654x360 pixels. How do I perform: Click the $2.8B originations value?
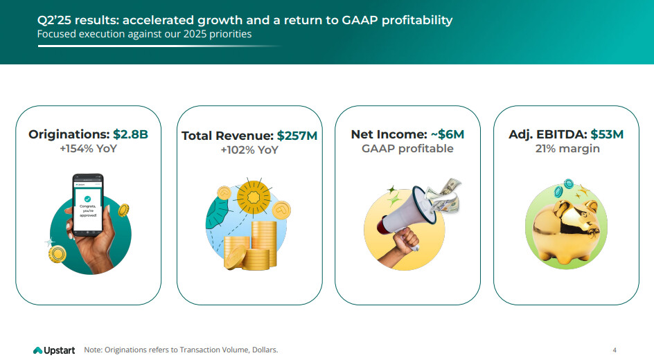[x=131, y=134]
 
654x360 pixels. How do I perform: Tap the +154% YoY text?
[x=89, y=149]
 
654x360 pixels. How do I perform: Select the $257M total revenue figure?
[x=297, y=136]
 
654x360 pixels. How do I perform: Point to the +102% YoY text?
[x=249, y=150]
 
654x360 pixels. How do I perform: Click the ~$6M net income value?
[x=447, y=134]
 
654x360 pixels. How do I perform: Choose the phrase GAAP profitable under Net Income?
[x=407, y=149]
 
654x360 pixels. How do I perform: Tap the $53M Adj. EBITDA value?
[x=607, y=134]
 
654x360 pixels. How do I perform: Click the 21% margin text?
[x=567, y=149]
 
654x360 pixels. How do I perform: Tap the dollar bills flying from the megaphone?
[x=443, y=194]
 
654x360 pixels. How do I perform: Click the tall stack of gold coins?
[x=263, y=244]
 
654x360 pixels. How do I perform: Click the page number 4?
[x=615, y=350]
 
